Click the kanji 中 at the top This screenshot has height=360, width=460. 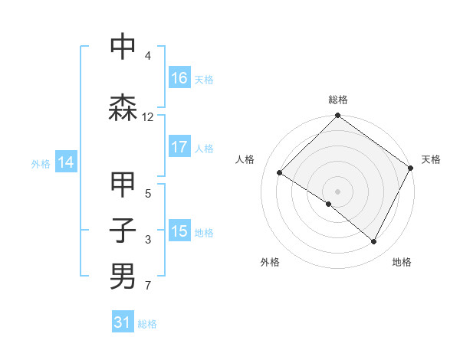[123, 47]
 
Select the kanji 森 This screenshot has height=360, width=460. [123, 108]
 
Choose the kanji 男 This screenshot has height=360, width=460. [123, 276]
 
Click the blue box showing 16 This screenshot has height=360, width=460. [179, 78]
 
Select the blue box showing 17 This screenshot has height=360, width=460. [179, 147]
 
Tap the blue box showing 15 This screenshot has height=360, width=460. [179, 231]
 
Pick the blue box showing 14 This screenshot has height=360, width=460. [66, 162]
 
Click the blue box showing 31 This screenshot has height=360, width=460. [123, 323]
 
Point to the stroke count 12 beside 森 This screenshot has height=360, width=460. [148, 117]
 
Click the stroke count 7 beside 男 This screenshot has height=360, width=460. [148, 286]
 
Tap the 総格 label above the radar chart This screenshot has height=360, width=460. [338, 100]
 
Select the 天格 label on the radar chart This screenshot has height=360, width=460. [431, 159]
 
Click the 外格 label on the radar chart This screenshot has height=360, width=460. [270, 262]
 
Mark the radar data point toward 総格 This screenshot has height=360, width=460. [338, 116]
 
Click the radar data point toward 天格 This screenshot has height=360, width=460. [410, 168]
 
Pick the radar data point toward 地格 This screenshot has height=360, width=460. [374, 242]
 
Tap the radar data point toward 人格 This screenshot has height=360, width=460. [280, 173]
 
